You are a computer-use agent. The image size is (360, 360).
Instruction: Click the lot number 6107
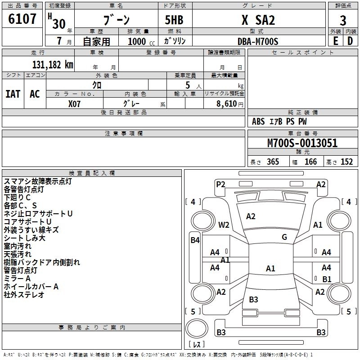(22, 19)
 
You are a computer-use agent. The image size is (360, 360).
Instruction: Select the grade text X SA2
(258, 20)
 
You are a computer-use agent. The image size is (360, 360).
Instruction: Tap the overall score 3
(343, 21)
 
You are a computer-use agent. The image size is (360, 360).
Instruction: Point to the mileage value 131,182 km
(53, 64)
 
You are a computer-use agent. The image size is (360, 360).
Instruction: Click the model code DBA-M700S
(258, 41)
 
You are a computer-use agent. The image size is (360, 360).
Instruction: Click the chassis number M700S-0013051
(302, 144)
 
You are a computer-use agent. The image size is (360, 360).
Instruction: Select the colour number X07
(75, 103)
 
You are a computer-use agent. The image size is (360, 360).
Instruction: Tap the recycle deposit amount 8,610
(225, 103)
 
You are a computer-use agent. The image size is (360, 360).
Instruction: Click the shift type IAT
(13, 94)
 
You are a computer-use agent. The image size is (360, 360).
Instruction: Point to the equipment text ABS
(258, 121)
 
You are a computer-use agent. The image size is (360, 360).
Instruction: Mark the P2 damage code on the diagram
(220, 184)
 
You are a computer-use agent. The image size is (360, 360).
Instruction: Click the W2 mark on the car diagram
(224, 225)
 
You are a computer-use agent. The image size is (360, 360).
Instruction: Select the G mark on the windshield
(284, 237)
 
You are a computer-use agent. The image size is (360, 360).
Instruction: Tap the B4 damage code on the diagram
(195, 240)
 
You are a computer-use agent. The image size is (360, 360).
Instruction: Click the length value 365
(272, 162)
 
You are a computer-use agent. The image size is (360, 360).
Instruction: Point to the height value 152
(346, 162)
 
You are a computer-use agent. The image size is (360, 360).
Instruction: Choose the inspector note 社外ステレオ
(24, 295)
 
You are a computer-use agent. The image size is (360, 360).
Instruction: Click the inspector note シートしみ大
(24, 238)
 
